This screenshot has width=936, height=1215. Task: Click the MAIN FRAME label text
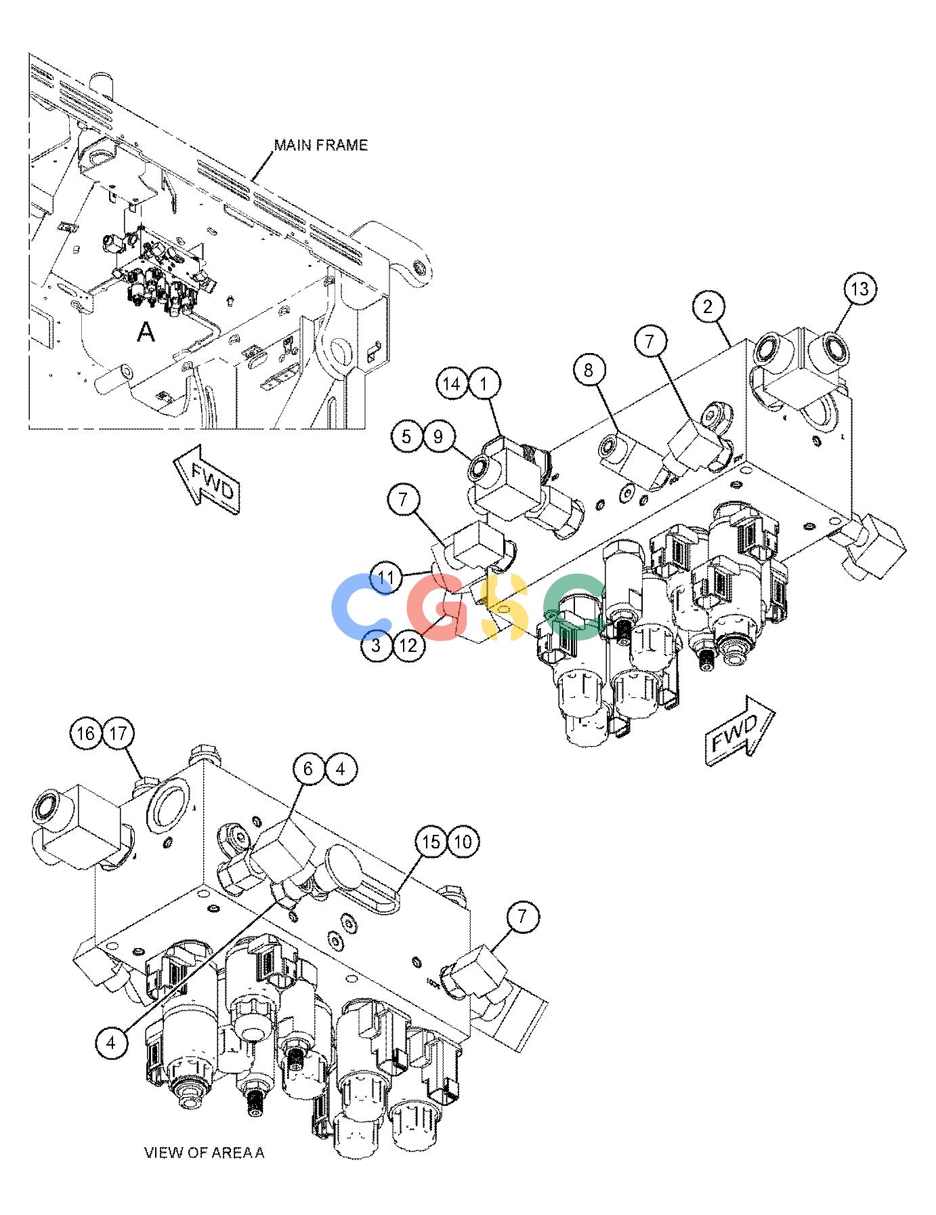pyautogui.click(x=320, y=145)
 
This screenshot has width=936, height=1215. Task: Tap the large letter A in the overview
pyautogui.click(x=146, y=331)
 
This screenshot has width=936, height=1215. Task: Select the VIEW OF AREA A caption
pyautogui.click(x=205, y=1152)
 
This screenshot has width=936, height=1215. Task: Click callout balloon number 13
pyautogui.click(x=859, y=289)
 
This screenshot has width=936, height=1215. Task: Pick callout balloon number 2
pyautogui.click(x=708, y=307)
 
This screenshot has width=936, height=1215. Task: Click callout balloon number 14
pyautogui.click(x=452, y=384)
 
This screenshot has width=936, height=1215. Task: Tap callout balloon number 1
pyautogui.click(x=484, y=384)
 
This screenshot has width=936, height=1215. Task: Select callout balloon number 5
pyautogui.click(x=406, y=436)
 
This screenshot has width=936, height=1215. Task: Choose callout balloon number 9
pyautogui.click(x=438, y=436)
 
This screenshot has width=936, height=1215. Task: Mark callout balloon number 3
pyautogui.click(x=377, y=645)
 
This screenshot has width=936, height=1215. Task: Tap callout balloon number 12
pyautogui.click(x=408, y=645)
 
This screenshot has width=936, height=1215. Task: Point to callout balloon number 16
pyautogui.click(x=87, y=734)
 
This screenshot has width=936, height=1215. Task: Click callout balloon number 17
pyautogui.click(x=119, y=734)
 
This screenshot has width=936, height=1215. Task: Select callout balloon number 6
pyautogui.click(x=309, y=769)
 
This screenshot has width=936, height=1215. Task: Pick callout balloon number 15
pyautogui.click(x=431, y=842)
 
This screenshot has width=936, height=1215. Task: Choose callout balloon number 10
pyautogui.click(x=463, y=842)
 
